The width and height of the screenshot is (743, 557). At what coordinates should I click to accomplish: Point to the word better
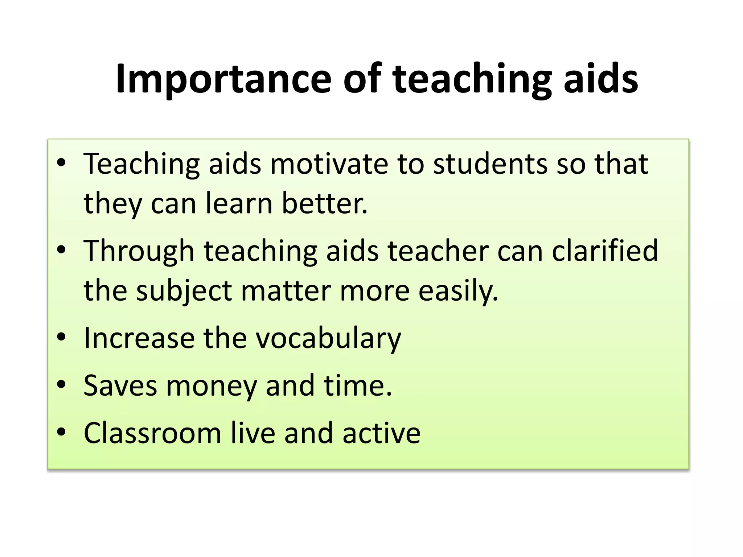(325, 203)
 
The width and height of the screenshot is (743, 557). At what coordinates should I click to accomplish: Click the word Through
(139, 251)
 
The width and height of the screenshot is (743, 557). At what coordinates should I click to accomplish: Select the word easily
(459, 291)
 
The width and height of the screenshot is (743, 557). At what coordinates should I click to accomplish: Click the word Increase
(139, 338)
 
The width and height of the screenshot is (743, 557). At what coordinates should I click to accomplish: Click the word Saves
(120, 385)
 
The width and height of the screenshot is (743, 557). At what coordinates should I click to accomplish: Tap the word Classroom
(152, 433)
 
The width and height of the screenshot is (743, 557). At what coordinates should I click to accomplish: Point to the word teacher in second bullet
(438, 251)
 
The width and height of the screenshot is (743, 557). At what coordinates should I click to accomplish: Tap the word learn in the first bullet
(239, 203)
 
